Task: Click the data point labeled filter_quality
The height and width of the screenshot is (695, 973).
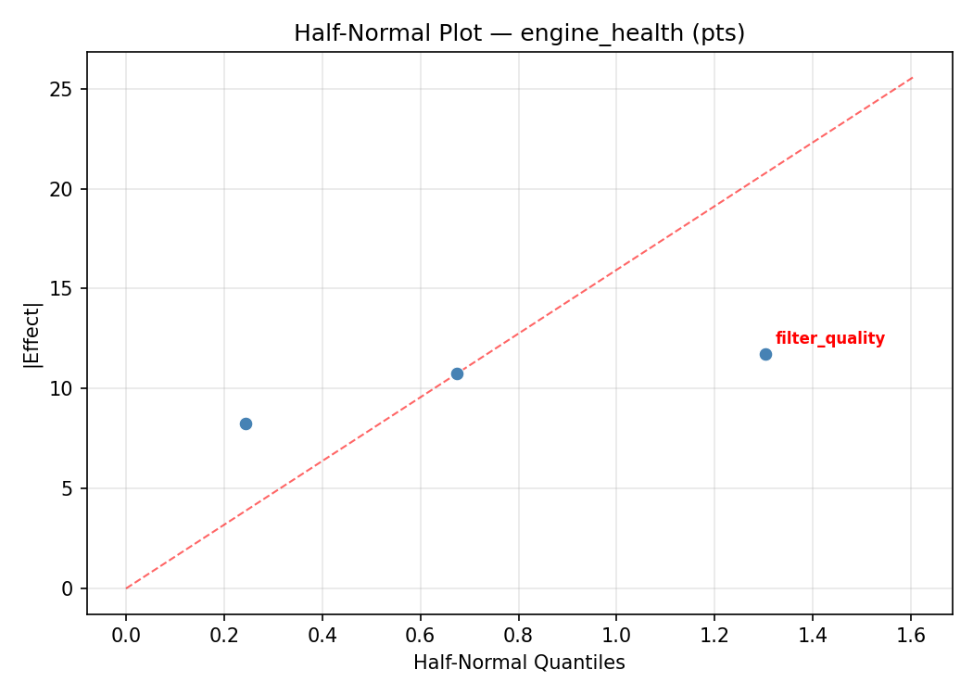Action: (765, 354)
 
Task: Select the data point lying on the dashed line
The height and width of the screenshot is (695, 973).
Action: (457, 373)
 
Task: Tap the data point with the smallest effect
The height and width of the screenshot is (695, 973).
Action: (246, 423)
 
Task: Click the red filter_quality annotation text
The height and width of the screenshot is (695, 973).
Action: (829, 338)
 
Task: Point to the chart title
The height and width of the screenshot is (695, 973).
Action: (519, 33)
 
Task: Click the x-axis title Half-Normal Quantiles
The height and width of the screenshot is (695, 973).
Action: (519, 663)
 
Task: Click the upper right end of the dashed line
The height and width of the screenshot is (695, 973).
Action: (913, 78)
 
